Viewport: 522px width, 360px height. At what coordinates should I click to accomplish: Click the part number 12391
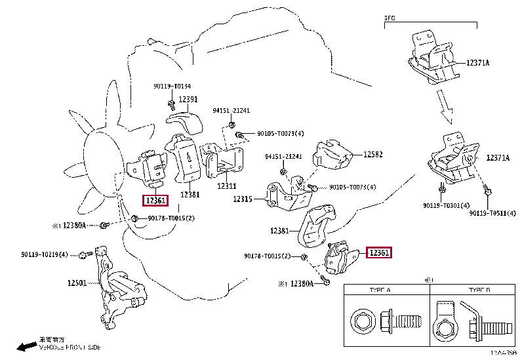point(188,100)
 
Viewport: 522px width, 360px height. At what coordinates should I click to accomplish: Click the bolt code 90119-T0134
point(172,86)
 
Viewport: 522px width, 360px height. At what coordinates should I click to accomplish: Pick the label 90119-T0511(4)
point(492,212)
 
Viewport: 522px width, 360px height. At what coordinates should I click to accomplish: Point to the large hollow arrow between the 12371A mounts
point(450,108)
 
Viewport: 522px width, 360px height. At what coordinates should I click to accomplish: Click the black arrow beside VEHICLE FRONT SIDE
point(26,346)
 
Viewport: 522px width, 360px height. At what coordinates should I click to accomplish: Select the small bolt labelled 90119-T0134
point(171,103)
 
